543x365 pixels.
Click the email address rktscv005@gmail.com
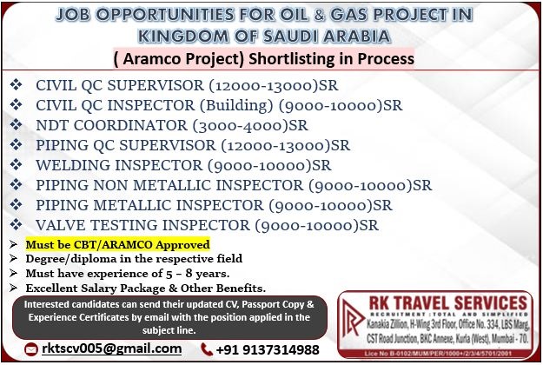click(111, 348)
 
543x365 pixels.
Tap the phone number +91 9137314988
click(268, 349)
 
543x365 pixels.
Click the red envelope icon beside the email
click(31, 349)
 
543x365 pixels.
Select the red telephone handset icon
click(207, 349)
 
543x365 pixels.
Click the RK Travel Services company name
click(447, 303)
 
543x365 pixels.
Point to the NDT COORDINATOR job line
click(172, 125)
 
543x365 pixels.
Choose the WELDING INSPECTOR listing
click(183, 165)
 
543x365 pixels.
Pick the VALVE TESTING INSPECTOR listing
click(207, 225)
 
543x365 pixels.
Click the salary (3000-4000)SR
click(250, 125)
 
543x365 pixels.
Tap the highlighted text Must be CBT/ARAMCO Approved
click(118, 244)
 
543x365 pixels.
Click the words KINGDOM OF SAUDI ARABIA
click(264, 36)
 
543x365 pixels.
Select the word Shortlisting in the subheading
click(292, 58)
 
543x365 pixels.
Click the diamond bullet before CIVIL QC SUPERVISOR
click(16, 85)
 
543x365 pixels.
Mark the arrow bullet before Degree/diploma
click(14, 259)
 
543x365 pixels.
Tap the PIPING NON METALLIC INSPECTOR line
click(234, 185)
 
